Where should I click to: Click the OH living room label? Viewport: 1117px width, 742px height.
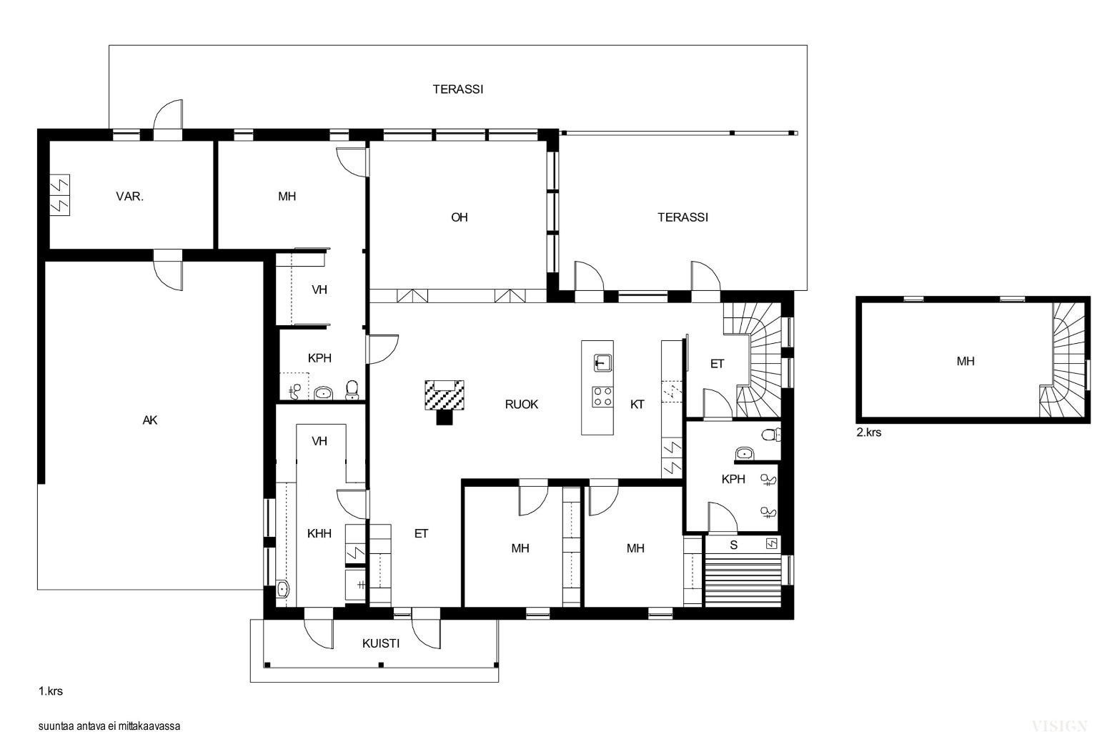click(x=460, y=217)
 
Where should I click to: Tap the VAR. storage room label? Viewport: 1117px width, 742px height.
click(x=129, y=197)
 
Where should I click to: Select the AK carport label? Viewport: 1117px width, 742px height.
click(x=149, y=420)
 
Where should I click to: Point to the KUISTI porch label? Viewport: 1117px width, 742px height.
click(x=381, y=643)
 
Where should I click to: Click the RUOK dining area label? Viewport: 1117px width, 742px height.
click(x=522, y=405)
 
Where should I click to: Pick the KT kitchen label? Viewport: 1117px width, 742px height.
click(x=637, y=405)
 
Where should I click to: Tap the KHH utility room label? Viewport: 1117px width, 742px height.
click(x=319, y=533)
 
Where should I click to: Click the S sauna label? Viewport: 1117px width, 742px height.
click(x=733, y=545)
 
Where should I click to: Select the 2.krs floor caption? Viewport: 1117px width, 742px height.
click(x=869, y=432)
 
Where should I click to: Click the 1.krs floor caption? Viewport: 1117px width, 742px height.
click(x=50, y=691)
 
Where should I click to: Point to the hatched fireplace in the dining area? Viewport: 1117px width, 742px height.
click(x=445, y=395)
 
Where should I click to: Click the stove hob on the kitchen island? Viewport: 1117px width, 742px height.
click(x=602, y=397)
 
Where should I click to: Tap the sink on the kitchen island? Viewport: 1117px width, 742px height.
click(x=603, y=362)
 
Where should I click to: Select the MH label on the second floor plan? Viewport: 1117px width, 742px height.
click(x=965, y=361)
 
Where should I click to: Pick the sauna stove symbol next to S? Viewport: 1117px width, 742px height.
click(x=771, y=543)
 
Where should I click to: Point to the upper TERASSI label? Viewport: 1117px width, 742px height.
click(x=458, y=89)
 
